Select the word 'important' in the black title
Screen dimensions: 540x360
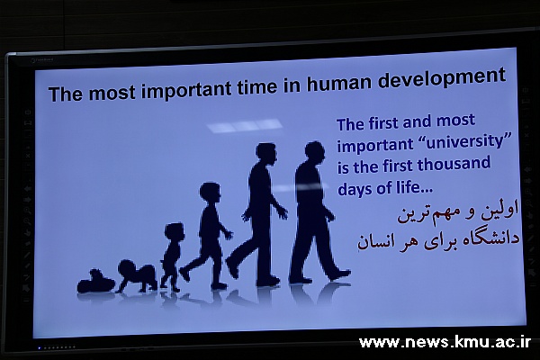coord(187,90)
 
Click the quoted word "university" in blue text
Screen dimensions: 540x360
coord(465,142)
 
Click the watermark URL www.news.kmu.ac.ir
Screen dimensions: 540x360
coord(445,342)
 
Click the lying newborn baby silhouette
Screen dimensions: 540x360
coord(95,282)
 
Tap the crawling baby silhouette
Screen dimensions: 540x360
coord(137,276)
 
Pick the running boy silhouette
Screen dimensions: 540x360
coord(208,235)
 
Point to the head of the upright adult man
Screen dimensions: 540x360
coord(265,153)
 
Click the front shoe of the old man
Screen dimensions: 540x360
coord(339,274)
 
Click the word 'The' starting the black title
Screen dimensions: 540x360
coord(66,94)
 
